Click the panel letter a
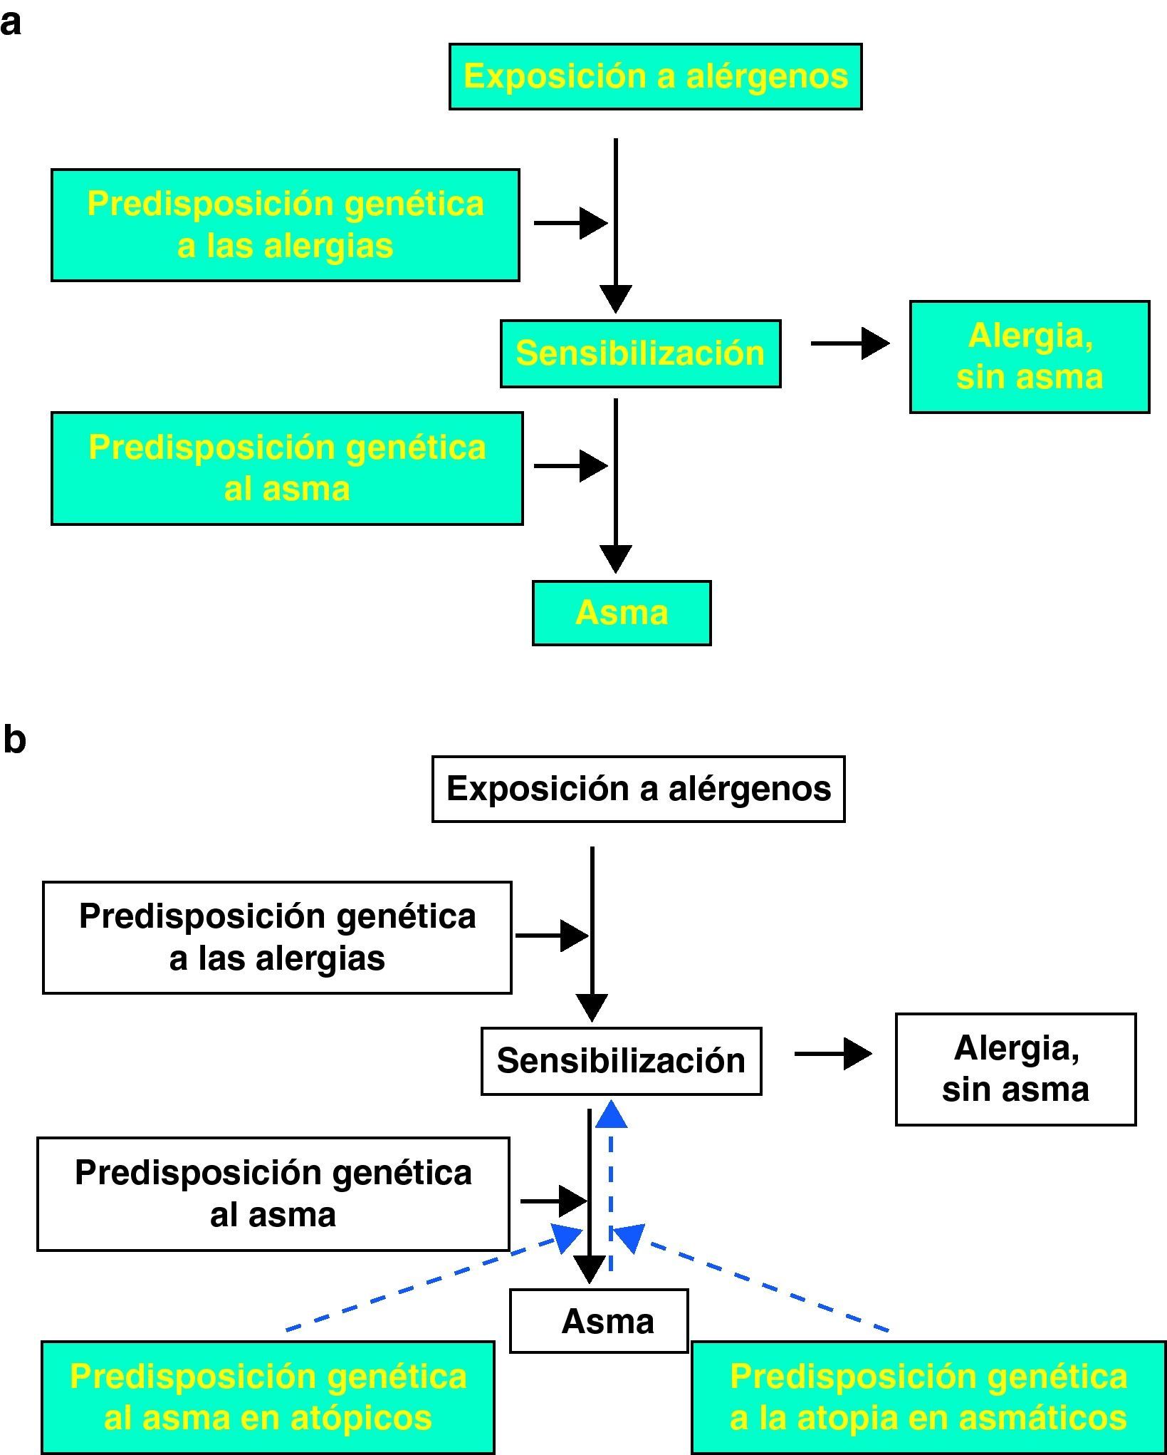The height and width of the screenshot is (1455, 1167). [x=10, y=24]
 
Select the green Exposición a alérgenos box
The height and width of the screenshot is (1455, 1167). [x=655, y=76]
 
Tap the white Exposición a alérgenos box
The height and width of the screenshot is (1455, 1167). [x=638, y=789]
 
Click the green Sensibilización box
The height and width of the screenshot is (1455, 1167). [x=640, y=353]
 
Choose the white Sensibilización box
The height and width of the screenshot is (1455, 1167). [x=621, y=1061]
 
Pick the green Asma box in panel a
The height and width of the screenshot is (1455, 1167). [x=622, y=613]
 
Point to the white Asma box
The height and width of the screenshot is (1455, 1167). [x=599, y=1320]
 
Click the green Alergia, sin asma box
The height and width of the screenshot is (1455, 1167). [x=1030, y=357]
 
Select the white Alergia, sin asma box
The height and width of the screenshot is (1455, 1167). [x=1015, y=1069]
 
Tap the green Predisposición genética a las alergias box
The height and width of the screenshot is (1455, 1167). [x=286, y=225]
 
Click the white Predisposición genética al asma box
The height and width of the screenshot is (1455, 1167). [x=273, y=1193]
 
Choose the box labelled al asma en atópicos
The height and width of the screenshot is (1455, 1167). [x=268, y=1397]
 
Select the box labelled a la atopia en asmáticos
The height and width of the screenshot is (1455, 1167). [x=928, y=1397]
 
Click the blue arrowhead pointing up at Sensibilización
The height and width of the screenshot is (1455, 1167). [x=611, y=1114]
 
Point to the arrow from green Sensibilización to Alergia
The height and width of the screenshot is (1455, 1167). [x=850, y=343]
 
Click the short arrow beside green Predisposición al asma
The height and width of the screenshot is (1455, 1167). [x=570, y=466]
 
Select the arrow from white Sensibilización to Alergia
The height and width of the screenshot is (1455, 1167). [x=833, y=1053]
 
